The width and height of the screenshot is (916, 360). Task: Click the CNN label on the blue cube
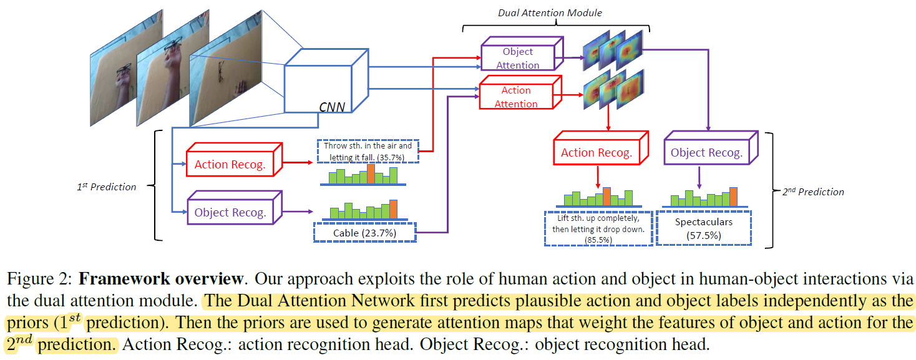tap(332, 106)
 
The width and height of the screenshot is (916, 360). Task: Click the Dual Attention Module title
tap(550, 12)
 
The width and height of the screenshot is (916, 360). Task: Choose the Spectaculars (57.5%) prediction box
tap(703, 228)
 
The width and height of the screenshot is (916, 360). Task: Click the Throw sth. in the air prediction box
tap(368, 151)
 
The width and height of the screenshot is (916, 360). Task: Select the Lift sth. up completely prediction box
tap(598, 228)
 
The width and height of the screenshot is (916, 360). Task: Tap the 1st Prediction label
tap(106, 187)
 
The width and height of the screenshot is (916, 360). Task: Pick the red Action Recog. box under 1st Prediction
tap(230, 165)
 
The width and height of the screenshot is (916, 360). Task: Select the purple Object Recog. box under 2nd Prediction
tap(706, 152)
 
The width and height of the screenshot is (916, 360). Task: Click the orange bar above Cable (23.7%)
tap(393, 209)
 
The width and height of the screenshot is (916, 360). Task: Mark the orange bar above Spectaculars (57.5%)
tap(733, 197)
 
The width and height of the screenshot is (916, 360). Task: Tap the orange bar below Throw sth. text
tap(371, 174)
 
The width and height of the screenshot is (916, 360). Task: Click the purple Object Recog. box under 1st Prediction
tap(230, 212)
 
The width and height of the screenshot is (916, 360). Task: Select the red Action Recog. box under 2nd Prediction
tap(597, 152)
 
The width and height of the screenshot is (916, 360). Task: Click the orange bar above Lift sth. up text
tap(606, 197)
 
